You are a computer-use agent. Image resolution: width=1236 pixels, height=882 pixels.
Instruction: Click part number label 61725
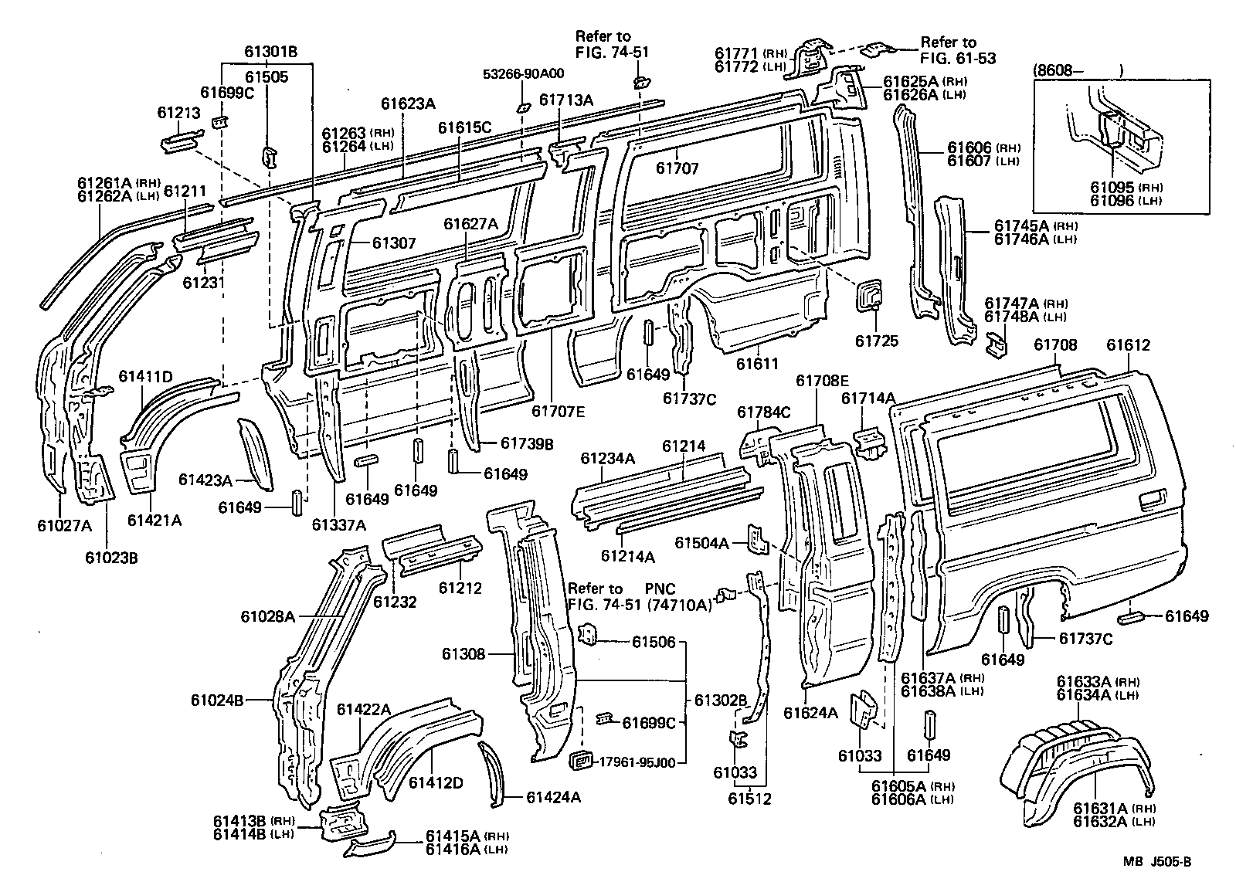pyautogui.click(x=877, y=341)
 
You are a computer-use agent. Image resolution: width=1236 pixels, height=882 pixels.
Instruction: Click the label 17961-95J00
pyautogui.click(x=637, y=762)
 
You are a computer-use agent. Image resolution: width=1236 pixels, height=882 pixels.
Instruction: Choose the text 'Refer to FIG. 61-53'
pyautogui.click(x=958, y=50)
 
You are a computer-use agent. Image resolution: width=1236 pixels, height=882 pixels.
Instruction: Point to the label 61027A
pyautogui.click(x=63, y=526)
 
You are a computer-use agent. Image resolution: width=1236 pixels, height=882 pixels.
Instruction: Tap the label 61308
pyautogui.click(x=463, y=654)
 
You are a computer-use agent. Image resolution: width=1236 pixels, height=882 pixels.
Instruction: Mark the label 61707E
pyautogui.click(x=559, y=411)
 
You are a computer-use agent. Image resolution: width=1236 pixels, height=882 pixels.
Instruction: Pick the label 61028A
pyautogui.click(x=268, y=616)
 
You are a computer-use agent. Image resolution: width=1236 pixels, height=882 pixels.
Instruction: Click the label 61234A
pyautogui.click(x=608, y=459)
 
